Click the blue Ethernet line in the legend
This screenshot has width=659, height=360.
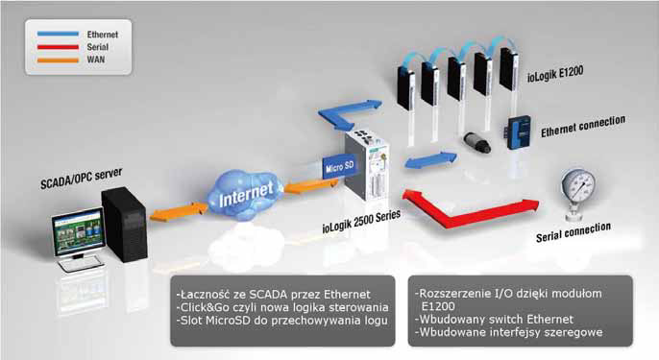tap(58, 34)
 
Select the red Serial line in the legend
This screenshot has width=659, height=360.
tap(58, 47)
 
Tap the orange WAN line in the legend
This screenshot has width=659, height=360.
tap(58, 60)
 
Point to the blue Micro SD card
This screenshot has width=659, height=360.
tap(340, 167)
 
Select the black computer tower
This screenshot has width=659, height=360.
tap(125, 225)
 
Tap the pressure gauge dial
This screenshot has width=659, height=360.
tap(578, 186)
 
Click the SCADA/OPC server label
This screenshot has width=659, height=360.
tap(81, 179)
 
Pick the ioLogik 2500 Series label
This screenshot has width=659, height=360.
tap(361, 222)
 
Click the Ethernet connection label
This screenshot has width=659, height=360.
tap(583, 127)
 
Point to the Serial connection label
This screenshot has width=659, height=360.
tap(574, 232)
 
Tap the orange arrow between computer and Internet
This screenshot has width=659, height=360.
tap(179, 212)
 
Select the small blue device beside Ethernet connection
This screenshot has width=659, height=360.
tap(519, 132)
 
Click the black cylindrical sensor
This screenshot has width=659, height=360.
tap(477, 142)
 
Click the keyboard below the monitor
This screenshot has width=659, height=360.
tap(81, 264)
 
